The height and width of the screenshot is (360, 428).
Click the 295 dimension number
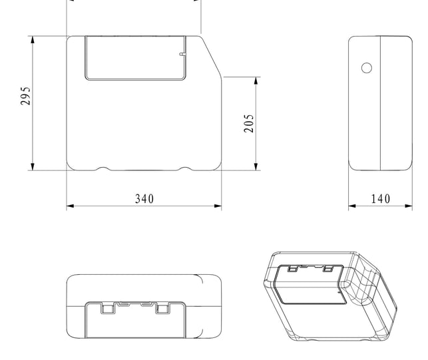click(26, 96)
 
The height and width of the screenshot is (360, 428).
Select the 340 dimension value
click(144, 199)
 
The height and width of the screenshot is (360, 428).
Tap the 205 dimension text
click(249, 123)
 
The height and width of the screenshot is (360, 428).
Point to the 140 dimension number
click(381, 199)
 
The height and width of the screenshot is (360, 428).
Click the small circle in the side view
click(367, 68)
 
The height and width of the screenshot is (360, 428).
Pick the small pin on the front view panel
click(182, 55)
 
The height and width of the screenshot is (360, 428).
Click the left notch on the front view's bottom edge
click(103, 168)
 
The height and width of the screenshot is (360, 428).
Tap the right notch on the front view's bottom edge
click(185, 168)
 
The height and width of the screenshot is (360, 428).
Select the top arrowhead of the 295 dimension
click(33, 39)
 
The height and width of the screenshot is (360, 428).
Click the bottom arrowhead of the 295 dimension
click(33, 166)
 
